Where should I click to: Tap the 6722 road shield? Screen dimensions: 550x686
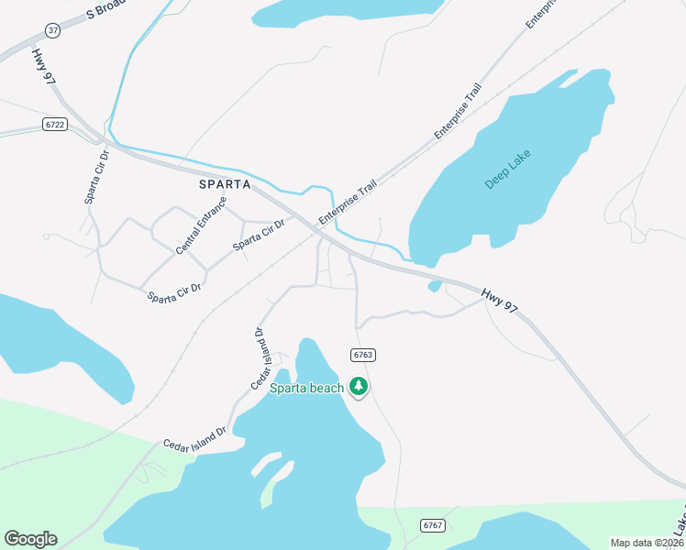click(x=53, y=124)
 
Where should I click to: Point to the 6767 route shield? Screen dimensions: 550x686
click(x=434, y=525)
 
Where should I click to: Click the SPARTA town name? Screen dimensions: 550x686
click(x=225, y=183)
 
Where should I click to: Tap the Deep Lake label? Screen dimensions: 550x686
click(x=508, y=169)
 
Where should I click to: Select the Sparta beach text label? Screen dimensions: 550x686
click(x=306, y=388)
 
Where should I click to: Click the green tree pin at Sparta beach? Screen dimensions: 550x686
click(x=360, y=387)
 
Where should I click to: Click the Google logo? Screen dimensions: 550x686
click(x=30, y=539)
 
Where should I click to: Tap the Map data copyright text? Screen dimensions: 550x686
click(x=647, y=543)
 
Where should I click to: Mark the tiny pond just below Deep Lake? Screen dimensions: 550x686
click(x=436, y=286)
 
